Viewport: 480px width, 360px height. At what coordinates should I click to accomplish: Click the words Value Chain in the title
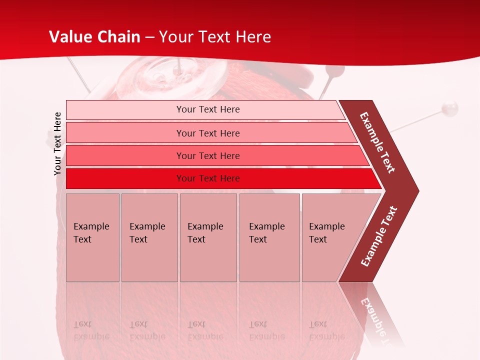94,37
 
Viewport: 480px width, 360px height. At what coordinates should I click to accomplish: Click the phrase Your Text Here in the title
215,37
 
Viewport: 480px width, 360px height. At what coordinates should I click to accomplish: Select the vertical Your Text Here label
57,143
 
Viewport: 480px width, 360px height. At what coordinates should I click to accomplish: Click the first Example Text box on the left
92,237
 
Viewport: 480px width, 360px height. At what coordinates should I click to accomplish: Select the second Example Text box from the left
149,237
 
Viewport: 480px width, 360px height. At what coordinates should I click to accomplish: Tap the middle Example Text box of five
208,237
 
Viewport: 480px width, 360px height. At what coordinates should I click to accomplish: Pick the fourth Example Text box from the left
269,237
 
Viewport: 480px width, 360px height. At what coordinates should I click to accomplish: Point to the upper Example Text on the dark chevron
377,142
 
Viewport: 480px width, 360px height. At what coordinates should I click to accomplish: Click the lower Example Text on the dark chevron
378,236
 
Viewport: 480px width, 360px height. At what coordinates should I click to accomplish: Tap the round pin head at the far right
450,107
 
